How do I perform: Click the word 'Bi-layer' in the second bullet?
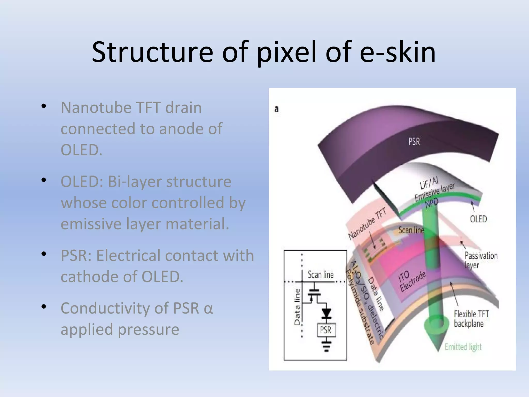(x=135, y=181)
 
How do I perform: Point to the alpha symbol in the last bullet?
(x=208, y=308)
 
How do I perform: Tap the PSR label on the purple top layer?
(x=414, y=142)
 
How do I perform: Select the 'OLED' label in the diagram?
(x=478, y=219)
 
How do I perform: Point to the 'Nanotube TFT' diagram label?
(x=367, y=224)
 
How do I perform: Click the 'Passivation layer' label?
(x=481, y=260)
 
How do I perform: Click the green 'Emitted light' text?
(x=463, y=347)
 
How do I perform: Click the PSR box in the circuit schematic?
(x=326, y=330)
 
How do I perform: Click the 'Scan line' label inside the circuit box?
(x=321, y=274)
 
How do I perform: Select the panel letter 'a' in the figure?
(x=277, y=109)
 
